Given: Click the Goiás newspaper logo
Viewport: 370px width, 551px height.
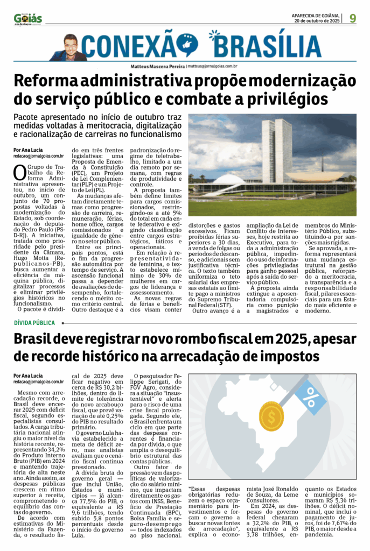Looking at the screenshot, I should (x=27, y=18).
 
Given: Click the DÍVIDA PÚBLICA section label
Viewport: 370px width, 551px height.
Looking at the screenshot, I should (x=34, y=323).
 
